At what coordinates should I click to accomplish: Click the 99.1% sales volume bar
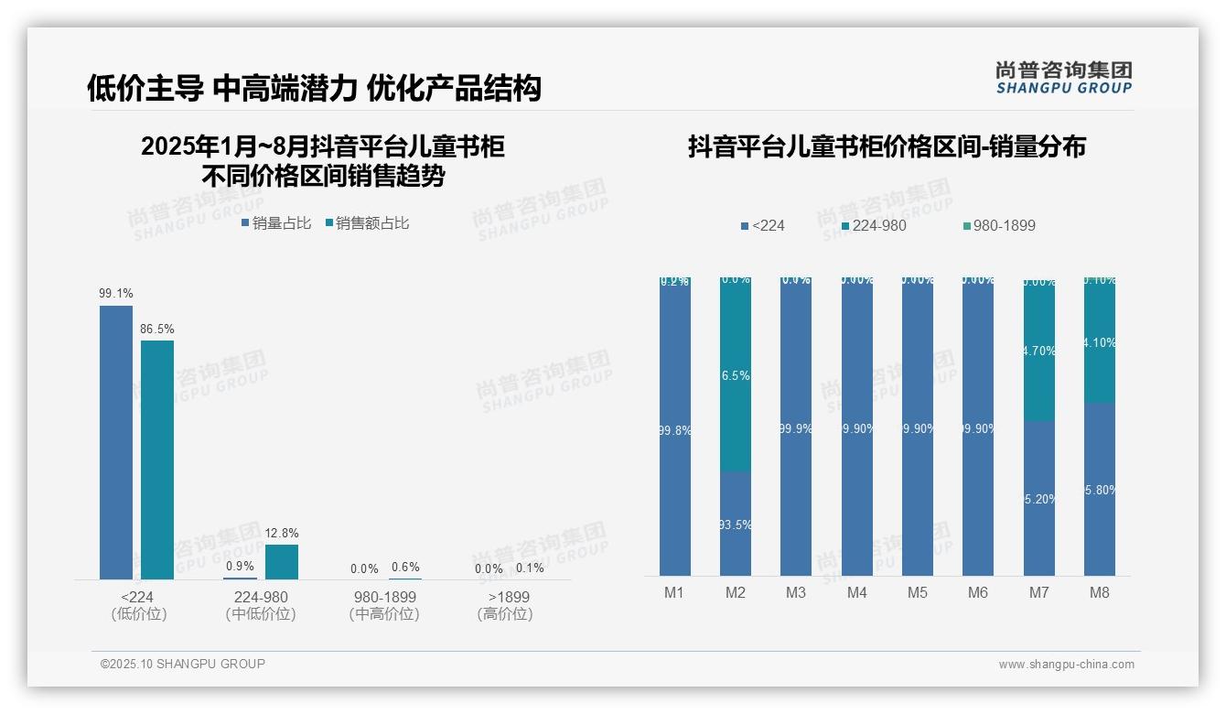pos(116,442)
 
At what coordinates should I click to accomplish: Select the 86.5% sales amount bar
pos(157,460)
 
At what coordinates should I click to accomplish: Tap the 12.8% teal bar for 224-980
pos(282,562)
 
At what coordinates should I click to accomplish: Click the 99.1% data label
pos(116,293)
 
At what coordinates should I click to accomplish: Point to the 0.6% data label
pos(405,568)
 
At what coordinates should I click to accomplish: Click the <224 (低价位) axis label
pos(138,605)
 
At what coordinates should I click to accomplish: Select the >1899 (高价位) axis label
pos(504,605)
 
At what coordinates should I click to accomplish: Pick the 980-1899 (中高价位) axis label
pos(384,605)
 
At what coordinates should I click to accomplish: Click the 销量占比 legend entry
pos(275,222)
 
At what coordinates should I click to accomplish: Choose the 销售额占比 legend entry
pos(367,222)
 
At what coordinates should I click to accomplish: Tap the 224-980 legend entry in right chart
pos(874,225)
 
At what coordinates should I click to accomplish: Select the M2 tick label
pos(736,592)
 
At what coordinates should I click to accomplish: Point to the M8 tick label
pos(1099,592)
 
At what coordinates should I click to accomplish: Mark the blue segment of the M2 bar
pos(736,524)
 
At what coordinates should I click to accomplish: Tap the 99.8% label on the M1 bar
pos(675,430)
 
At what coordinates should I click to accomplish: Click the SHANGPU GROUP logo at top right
pos(1063,77)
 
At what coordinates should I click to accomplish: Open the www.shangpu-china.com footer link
pos(1066,665)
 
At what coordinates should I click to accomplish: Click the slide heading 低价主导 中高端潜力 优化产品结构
pos(314,88)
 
